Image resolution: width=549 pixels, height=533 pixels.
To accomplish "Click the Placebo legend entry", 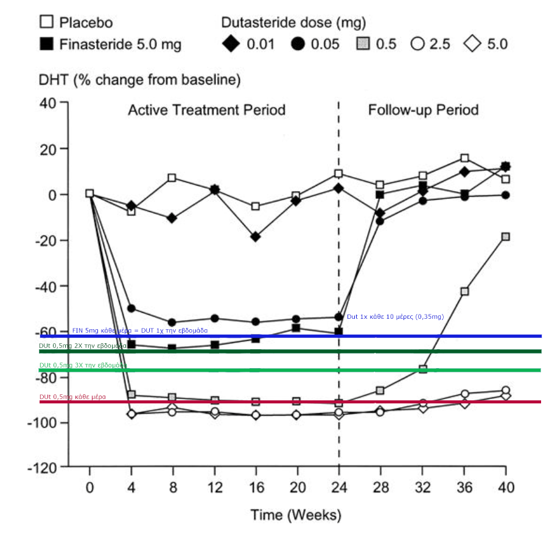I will pyautogui.click(x=77, y=23).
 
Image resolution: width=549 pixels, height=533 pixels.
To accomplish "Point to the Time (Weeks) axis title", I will pyautogui.click(x=296, y=515).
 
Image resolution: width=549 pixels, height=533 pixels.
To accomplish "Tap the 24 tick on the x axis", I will pyautogui.click(x=339, y=487).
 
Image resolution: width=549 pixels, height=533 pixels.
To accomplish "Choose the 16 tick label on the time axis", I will pyautogui.click(x=256, y=487).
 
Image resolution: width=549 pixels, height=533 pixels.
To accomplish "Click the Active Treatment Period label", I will pyautogui.click(x=206, y=110).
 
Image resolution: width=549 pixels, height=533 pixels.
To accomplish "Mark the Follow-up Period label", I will pyautogui.click(x=423, y=110).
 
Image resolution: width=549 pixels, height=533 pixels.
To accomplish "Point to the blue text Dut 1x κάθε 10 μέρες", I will pyautogui.click(x=395, y=317).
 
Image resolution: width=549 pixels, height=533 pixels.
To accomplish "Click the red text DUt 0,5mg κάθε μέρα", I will pyautogui.click(x=72, y=397).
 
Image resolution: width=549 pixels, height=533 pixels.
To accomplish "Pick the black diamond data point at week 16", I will pyautogui.click(x=256, y=237).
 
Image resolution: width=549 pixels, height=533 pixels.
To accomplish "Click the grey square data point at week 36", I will pyautogui.click(x=464, y=291).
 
